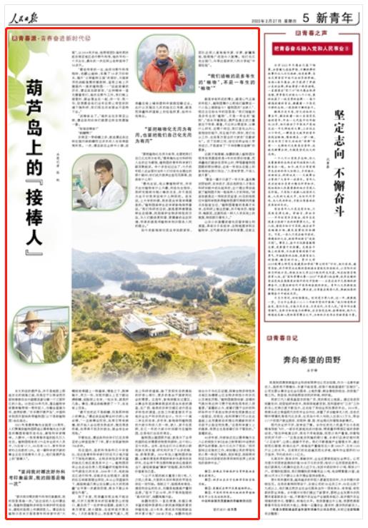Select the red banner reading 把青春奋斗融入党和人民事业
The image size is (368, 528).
pyautogui.click(x=312, y=49)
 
